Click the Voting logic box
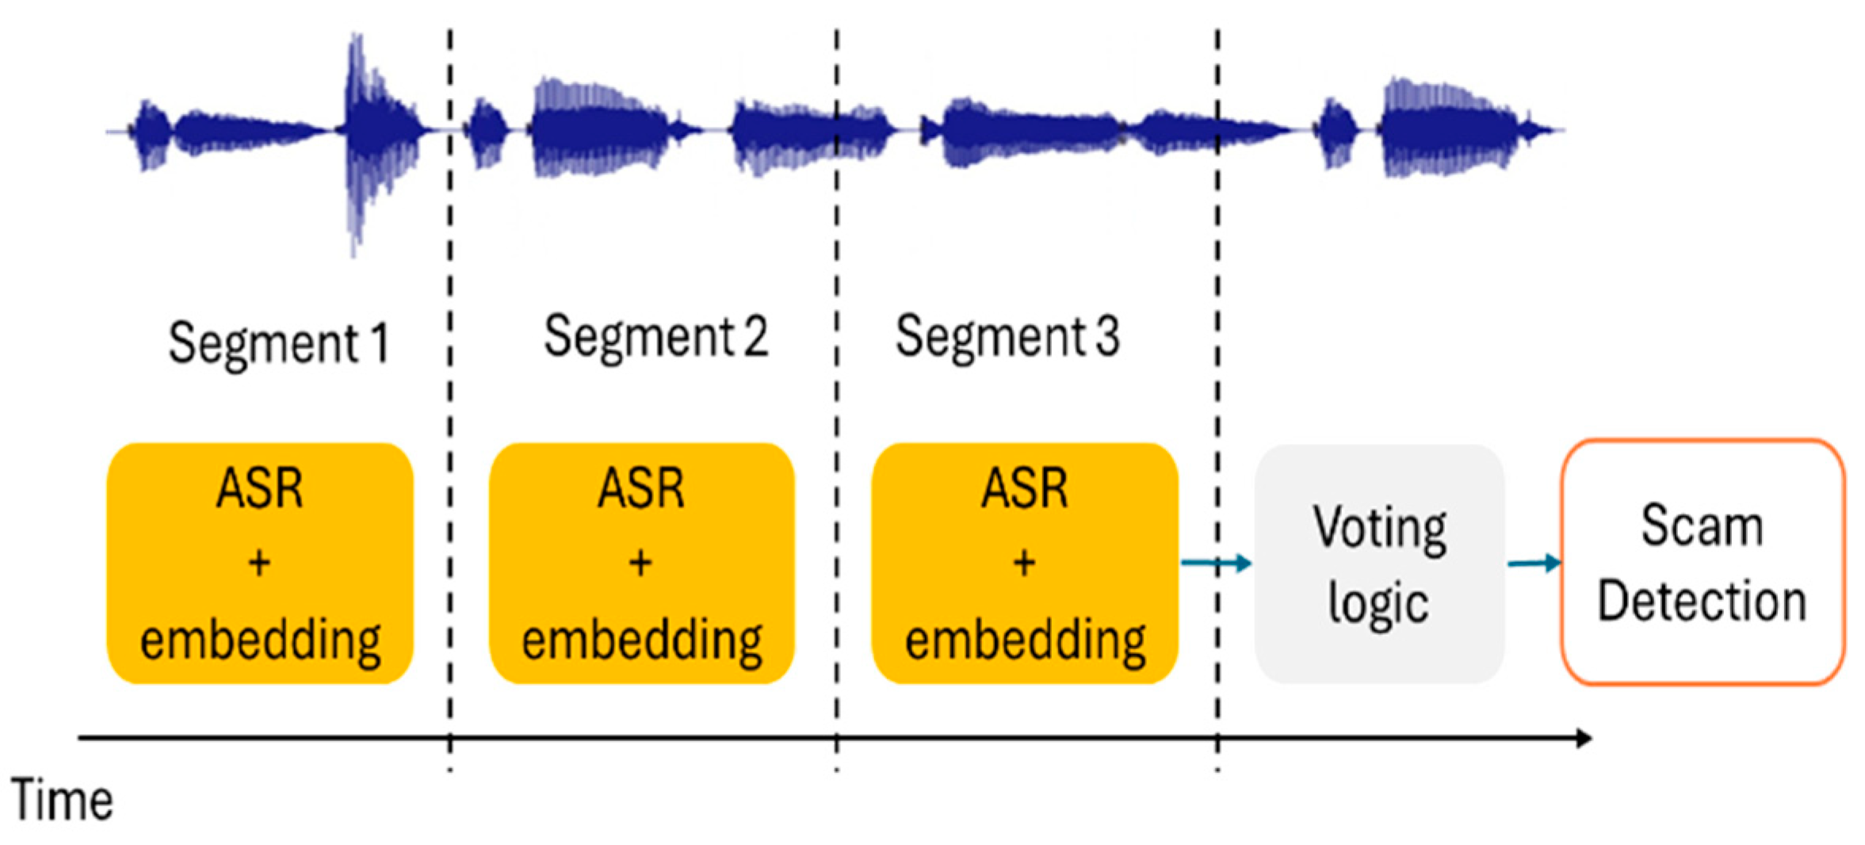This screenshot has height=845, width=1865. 1379,564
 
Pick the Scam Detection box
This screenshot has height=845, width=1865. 1703,562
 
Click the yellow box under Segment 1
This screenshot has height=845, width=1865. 260,564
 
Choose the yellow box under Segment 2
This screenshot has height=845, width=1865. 642,564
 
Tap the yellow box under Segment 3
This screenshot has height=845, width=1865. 1025,564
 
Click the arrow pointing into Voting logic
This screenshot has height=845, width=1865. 1217,564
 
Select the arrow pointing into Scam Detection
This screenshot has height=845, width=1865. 1534,564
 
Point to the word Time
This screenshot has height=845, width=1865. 62,801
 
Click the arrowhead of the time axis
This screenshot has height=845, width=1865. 1584,738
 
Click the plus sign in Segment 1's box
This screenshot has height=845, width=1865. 259,564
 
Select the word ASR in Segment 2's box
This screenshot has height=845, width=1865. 641,487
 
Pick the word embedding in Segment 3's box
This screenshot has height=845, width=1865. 1026,640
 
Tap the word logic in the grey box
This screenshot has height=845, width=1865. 1379,604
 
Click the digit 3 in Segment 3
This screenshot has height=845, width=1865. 1108,336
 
